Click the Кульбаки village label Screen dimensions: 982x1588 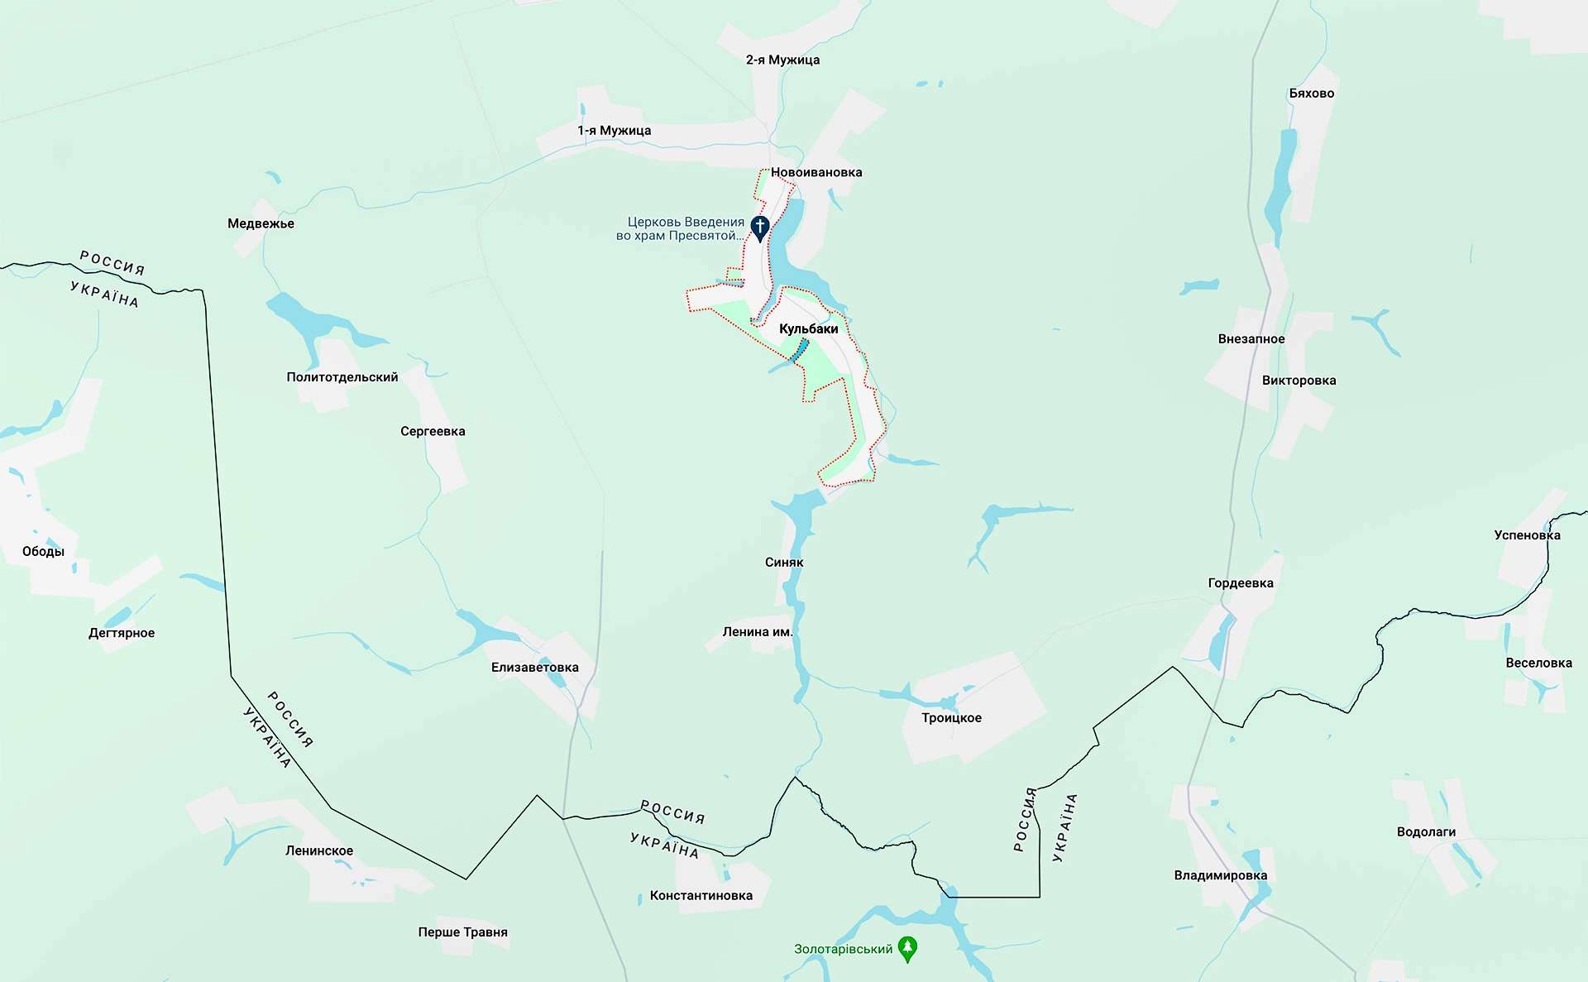[808, 328]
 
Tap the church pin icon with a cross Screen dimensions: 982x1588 [759, 227]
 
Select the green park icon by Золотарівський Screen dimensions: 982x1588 [907, 948]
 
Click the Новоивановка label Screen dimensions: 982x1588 [816, 172]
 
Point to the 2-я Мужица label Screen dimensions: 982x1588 [782, 60]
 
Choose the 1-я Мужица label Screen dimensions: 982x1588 [614, 130]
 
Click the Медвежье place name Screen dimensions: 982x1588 [261, 223]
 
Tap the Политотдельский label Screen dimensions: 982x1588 [342, 377]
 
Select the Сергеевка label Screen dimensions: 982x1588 [433, 431]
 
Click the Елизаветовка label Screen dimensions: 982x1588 [534, 667]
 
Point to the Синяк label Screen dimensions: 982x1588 [784, 562]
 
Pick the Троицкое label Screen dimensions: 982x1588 [951, 717]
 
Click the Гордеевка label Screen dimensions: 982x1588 [1240, 583]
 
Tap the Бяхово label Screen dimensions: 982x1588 [1311, 93]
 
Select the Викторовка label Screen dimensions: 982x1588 [1299, 381]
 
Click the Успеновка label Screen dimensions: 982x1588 [1527, 535]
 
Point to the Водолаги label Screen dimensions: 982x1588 [1426, 831]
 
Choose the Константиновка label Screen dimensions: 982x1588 [701, 895]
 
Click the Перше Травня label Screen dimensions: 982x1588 [462, 932]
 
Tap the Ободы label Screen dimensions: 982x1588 [43, 552]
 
